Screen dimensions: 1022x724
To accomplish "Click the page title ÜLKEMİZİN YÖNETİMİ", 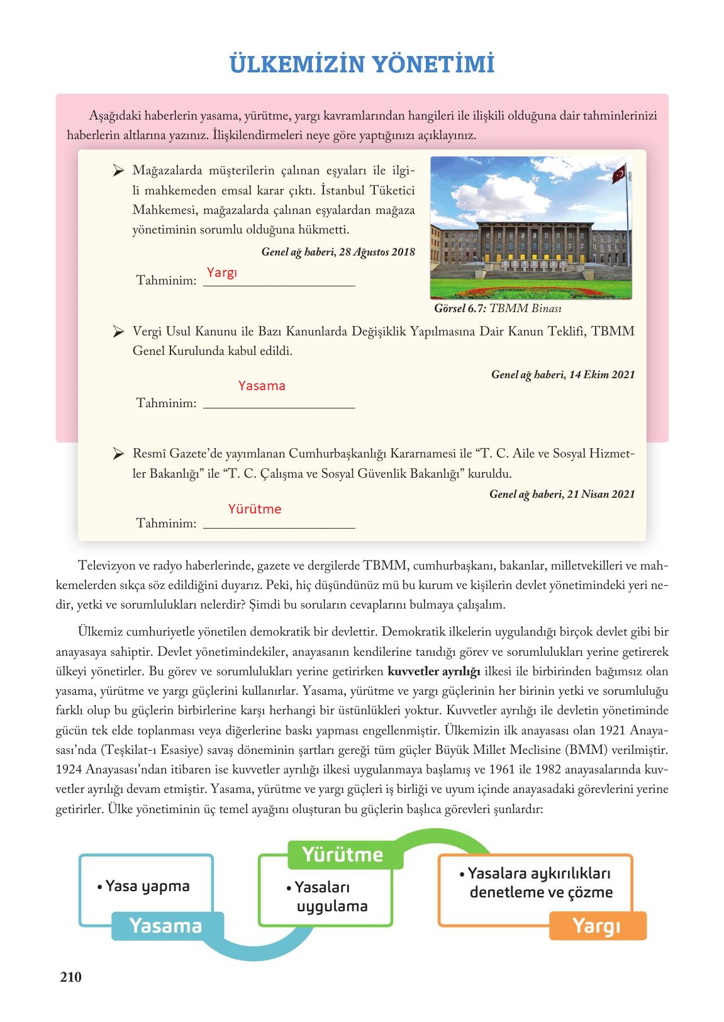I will pyautogui.click(x=362, y=64).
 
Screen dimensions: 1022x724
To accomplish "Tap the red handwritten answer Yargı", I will pyautogui.click(x=222, y=272).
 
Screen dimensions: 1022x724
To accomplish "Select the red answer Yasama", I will pyautogui.click(x=262, y=386).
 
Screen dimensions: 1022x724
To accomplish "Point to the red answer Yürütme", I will pyautogui.click(x=255, y=508).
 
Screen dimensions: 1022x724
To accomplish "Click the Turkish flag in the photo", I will pyautogui.click(x=620, y=174).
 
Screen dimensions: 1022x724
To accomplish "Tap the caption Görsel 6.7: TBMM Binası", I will pyautogui.click(x=498, y=309).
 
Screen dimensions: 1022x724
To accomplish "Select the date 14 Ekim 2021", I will pyautogui.click(x=601, y=374).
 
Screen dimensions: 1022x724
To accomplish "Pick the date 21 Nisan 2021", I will pyautogui.click(x=600, y=494).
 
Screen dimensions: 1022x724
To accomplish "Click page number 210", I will pyautogui.click(x=70, y=977).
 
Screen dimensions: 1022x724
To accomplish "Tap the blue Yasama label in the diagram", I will pyautogui.click(x=165, y=925).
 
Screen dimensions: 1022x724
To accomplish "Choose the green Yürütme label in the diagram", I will pyautogui.click(x=342, y=854).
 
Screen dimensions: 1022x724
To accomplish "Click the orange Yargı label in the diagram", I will pyautogui.click(x=596, y=925).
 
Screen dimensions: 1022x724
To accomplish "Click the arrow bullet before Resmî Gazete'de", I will pyautogui.click(x=117, y=453).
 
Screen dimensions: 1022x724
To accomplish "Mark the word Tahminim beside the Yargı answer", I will pyautogui.click(x=167, y=279).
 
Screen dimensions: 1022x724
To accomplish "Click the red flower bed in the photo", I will pyautogui.click(x=532, y=291).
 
